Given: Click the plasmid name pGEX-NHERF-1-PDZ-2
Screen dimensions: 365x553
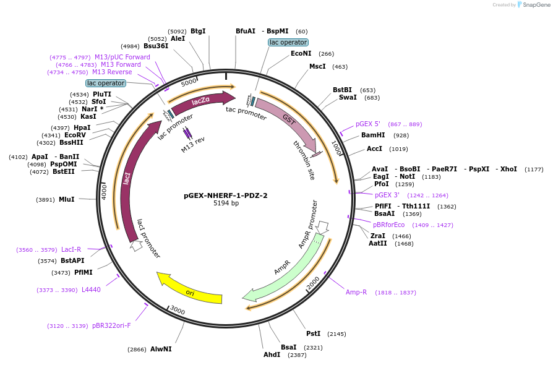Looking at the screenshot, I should pyautogui.click(x=226, y=195).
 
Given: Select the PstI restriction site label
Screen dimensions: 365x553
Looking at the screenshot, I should pyautogui.click(x=313, y=333).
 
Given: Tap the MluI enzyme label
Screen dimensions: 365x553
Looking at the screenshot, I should pyautogui.click(x=66, y=199).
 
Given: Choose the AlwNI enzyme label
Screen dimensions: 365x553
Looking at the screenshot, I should pyautogui.click(x=161, y=349).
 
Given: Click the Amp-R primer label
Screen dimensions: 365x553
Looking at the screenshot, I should pyautogui.click(x=356, y=292).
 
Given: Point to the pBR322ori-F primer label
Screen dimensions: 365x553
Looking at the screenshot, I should pyautogui.click(x=111, y=325).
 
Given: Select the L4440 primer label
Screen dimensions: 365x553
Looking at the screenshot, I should pyautogui.click(x=91, y=290).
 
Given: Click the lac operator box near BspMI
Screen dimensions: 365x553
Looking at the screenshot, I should pyautogui.click(x=288, y=42).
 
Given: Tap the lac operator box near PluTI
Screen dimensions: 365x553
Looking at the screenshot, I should pyautogui.click(x=106, y=83).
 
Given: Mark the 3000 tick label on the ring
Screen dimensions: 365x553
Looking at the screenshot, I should pyautogui.click(x=178, y=309).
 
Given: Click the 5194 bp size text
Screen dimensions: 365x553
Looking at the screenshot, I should pyautogui.click(x=226, y=203).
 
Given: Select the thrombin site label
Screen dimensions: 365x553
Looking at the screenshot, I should pyautogui.click(x=304, y=160).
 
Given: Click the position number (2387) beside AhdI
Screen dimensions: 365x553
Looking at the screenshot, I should pyautogui.click(x=297, y=355).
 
